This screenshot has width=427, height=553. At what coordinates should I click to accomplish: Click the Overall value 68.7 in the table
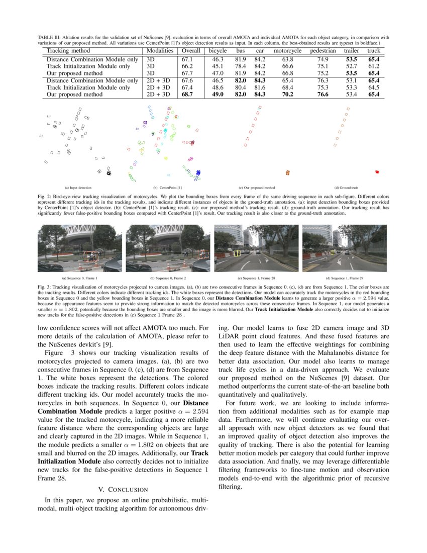tap(187, 94)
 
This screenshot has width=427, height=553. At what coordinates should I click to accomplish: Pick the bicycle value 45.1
tap(218, 66)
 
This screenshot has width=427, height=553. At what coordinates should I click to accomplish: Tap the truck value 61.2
tap(373, 66)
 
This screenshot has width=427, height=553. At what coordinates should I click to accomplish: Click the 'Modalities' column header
tap(160, 51)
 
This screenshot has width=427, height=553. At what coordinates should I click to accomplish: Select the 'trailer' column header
tap(351, 51)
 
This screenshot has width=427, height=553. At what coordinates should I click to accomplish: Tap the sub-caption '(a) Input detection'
tap(74, 188)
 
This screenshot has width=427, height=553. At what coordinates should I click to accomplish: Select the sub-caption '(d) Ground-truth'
tap(346, 188)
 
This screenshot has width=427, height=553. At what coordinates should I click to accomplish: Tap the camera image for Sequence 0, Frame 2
tap(168, 248)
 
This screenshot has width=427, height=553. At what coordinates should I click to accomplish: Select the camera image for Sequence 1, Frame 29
tap(344, 248)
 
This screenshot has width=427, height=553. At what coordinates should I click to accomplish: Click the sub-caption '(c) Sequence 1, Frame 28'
tap(256, 278)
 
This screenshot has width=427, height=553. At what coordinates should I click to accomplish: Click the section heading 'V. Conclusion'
tap(123, 489)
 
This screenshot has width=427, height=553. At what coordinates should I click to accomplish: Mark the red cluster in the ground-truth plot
tap(377, 172)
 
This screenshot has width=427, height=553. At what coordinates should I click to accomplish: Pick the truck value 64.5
tap(373, 87)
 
